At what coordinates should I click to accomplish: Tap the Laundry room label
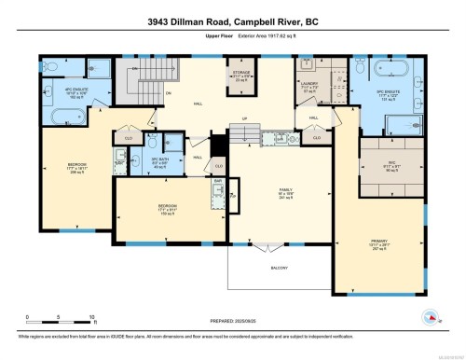tap(310, 89)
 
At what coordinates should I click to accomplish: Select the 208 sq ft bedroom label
tap(76, 169)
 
